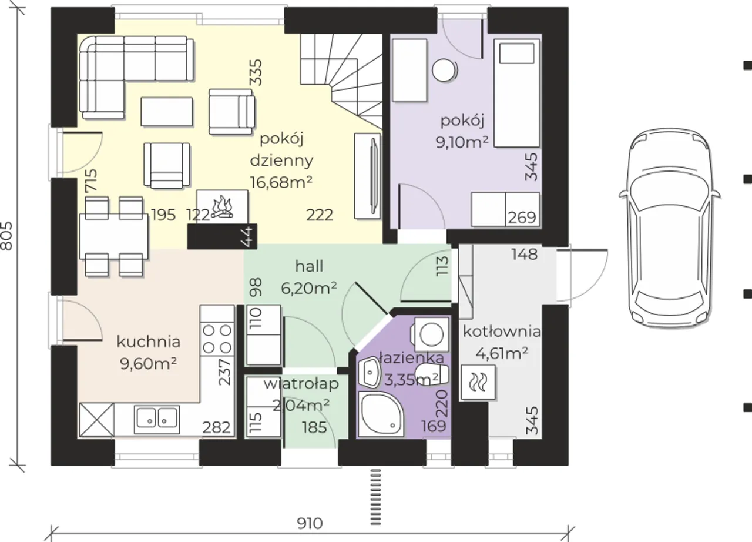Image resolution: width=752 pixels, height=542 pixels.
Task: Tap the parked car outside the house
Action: tap(670, 228)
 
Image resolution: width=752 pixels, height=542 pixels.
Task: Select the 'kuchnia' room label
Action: tap(149, 342)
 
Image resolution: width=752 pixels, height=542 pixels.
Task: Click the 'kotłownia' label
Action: tap(502, 332)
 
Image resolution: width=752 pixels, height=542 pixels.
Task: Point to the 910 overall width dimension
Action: tap(310, 524)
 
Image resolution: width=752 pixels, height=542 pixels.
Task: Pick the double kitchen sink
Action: tap(157, 420)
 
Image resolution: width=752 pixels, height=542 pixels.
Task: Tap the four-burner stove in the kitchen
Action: tap(217, 339)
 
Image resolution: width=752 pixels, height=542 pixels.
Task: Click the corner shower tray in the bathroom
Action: tap(381, 414)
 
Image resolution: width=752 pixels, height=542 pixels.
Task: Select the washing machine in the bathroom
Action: tap(431, 334)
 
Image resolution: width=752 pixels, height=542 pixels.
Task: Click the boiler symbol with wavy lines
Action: tap(478, 382)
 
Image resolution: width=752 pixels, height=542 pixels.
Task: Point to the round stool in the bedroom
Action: tap(444, 71)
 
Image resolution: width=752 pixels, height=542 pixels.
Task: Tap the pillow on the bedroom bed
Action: tap(516, 53)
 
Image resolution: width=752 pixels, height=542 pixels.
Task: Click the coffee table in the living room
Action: tap(166, 112)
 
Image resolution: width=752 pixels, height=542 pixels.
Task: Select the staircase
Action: tap(341, 81)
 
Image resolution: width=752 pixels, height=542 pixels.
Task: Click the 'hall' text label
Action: tap(309, 266)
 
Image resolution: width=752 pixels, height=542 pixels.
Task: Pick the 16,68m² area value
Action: tap(281, 182)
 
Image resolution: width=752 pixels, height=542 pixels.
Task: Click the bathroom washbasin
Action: tap(370, 373)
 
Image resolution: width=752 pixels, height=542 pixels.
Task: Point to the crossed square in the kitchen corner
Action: tap(97, 420)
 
